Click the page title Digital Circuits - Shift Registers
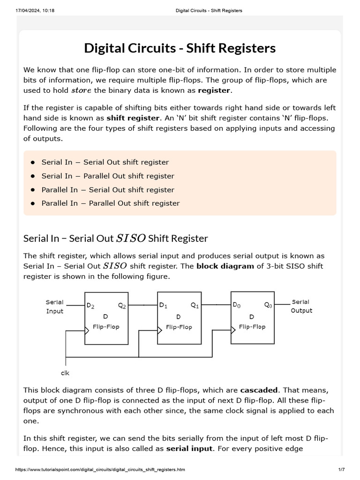180,48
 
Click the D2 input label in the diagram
90,306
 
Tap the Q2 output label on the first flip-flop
122,306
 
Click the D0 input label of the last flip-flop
237,305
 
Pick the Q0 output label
268,305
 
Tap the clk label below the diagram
65,373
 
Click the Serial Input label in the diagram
54,307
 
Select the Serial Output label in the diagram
301,306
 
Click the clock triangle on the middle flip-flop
160,329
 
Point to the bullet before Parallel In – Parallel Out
33,203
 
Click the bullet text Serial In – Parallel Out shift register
108,176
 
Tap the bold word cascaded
259,390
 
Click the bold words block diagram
220,266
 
